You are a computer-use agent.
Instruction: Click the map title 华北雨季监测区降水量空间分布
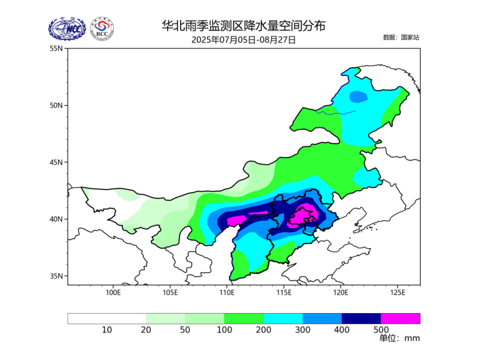pos(243,26)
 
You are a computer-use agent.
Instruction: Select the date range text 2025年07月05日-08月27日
pos(243,40)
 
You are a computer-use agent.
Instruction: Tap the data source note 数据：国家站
pos(401,37)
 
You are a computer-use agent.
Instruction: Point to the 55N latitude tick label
pos(56,48)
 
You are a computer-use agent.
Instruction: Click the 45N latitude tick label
pos(56,162)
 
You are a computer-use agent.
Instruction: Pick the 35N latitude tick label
pos(56,276)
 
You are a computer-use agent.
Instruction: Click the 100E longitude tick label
pos(113,292)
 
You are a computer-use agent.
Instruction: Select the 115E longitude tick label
pos(283,292)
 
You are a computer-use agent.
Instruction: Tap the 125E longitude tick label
pos(397,292)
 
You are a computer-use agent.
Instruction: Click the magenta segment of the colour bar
pos(400,319)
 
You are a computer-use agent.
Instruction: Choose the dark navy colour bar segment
pos(361,319)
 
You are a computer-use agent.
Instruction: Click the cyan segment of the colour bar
pos(283,319)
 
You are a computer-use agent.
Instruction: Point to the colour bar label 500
pos(381,330)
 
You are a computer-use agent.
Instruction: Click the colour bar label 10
pos(107,330)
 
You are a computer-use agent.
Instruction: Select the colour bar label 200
pos(263,330)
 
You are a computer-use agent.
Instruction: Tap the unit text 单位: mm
pos(399,338)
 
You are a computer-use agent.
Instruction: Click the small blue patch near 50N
pos(358,97)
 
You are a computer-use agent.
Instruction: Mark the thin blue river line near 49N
pos(335,113)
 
